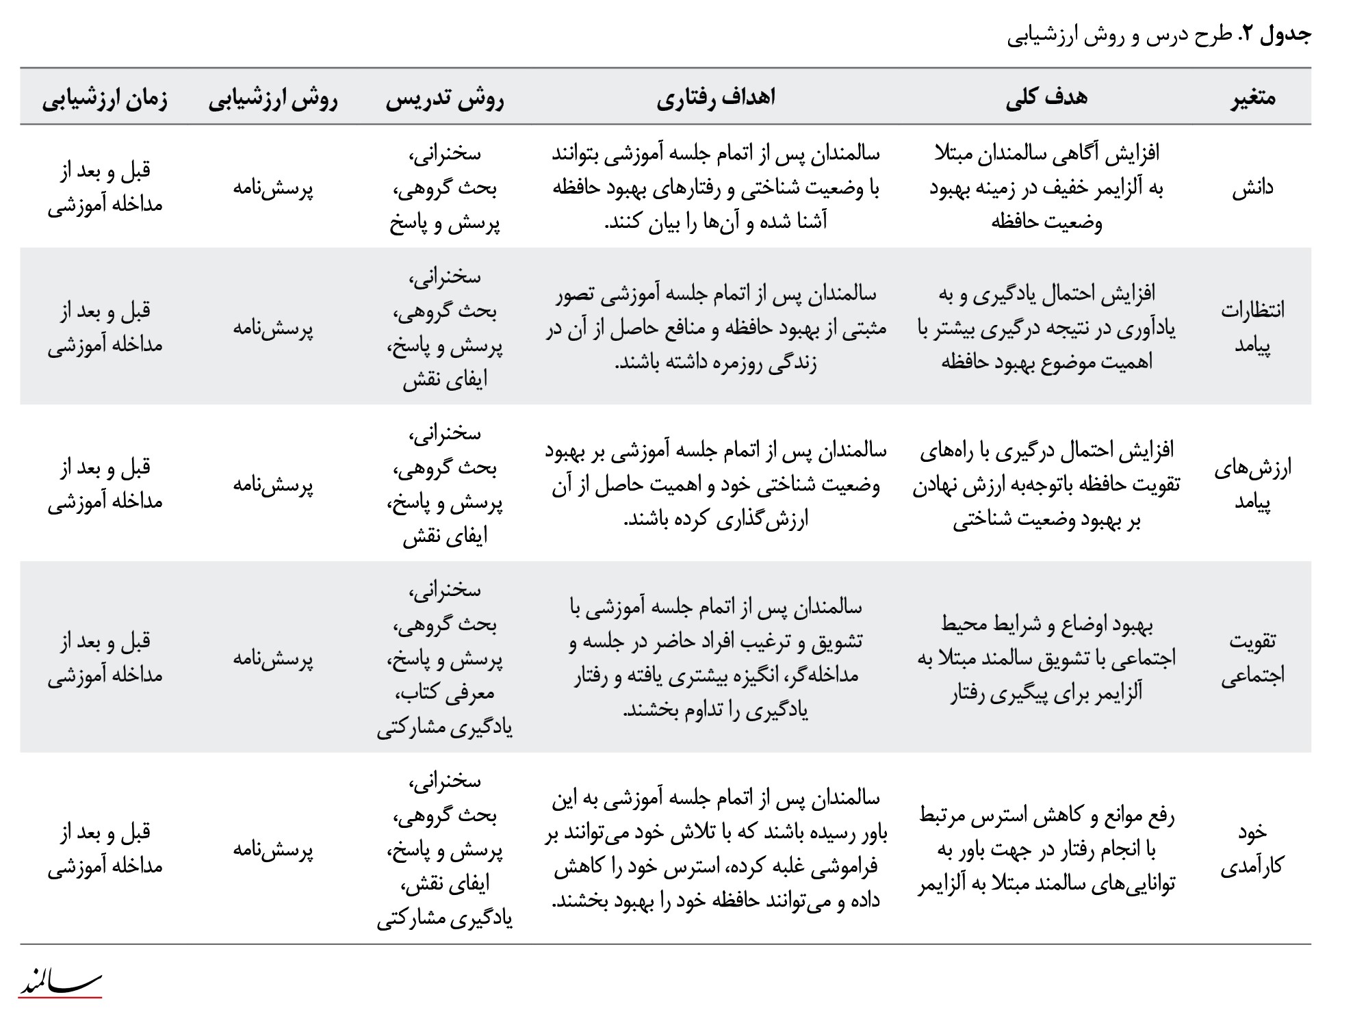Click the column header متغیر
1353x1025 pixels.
1252,98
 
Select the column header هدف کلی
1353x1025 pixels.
1046,98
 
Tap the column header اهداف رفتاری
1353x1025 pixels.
716,98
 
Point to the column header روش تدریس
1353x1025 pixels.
445,99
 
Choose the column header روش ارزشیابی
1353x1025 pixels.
273,99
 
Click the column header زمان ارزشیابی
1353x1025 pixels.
105,99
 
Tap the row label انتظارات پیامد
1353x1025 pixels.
1252,328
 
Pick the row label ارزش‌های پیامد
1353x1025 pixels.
1252,485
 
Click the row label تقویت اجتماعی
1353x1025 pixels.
1252,658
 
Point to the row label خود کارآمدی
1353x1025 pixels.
1252,849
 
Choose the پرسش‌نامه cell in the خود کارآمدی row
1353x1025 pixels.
273,850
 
